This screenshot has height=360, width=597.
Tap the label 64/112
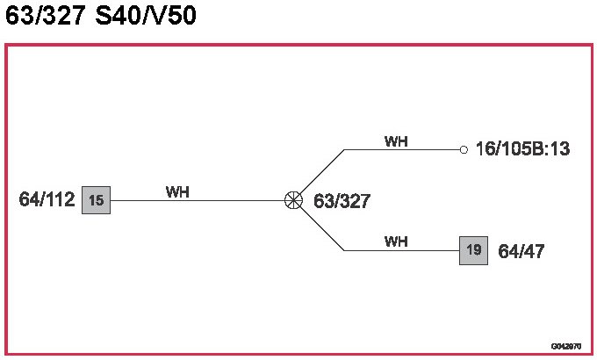47,200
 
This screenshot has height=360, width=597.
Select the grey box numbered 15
96,200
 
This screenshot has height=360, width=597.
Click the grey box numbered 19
473,250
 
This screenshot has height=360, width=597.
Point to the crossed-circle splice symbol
294,200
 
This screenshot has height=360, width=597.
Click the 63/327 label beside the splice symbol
342,201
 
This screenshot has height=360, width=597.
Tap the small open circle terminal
464,149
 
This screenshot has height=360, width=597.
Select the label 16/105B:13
522,149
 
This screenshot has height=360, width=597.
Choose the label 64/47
521,251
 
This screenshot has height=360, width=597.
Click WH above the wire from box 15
178,191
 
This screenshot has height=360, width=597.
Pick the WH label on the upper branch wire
396,140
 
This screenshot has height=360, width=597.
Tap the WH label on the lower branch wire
396,241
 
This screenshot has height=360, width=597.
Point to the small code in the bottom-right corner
565,346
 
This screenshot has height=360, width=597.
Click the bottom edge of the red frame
298,354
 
